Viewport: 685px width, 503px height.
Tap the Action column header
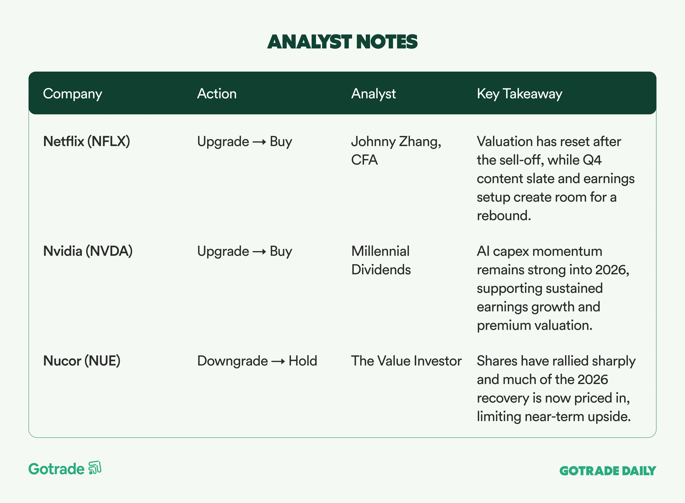point(217,93)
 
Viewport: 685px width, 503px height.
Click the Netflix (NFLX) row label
point(87,141)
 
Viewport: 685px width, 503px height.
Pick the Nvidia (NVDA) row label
point(88,251)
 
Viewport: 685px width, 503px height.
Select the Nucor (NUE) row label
point(82,361)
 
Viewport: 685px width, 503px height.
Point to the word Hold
point(303,361)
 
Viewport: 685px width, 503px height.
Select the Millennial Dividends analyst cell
point(381,260)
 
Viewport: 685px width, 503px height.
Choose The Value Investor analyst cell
point(406,361)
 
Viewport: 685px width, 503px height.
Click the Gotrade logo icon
point(95,468)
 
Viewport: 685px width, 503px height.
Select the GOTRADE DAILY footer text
point(608,471)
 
